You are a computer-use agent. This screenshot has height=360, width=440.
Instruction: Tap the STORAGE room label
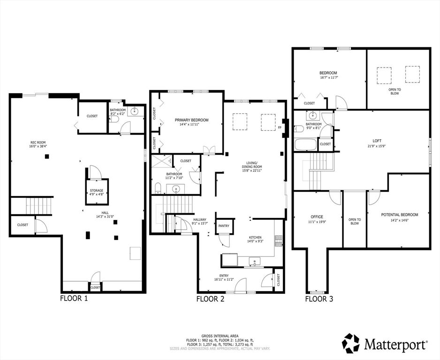(97, 191)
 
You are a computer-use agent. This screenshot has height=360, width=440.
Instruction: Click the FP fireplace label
(280, 127)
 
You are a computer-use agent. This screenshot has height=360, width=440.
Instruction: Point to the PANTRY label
(224, 226)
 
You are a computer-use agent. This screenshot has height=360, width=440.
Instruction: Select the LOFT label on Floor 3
(377, 140)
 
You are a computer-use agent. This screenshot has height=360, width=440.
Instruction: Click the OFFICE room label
(317, 216)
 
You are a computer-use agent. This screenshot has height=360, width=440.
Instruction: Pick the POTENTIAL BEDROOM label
(399, 214)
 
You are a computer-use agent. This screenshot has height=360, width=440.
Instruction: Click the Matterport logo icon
(351, 344)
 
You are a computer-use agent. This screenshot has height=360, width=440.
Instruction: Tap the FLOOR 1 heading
(74, 298)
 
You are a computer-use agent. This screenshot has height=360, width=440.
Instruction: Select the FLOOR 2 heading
(210, 298)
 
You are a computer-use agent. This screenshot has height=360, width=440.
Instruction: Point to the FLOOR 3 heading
(319, 298)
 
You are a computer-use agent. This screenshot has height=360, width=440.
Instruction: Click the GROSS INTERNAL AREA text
(220, 336)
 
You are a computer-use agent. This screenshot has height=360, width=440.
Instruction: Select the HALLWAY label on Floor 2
(200, 219)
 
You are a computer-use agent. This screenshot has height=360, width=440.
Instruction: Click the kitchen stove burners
(278, 240)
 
